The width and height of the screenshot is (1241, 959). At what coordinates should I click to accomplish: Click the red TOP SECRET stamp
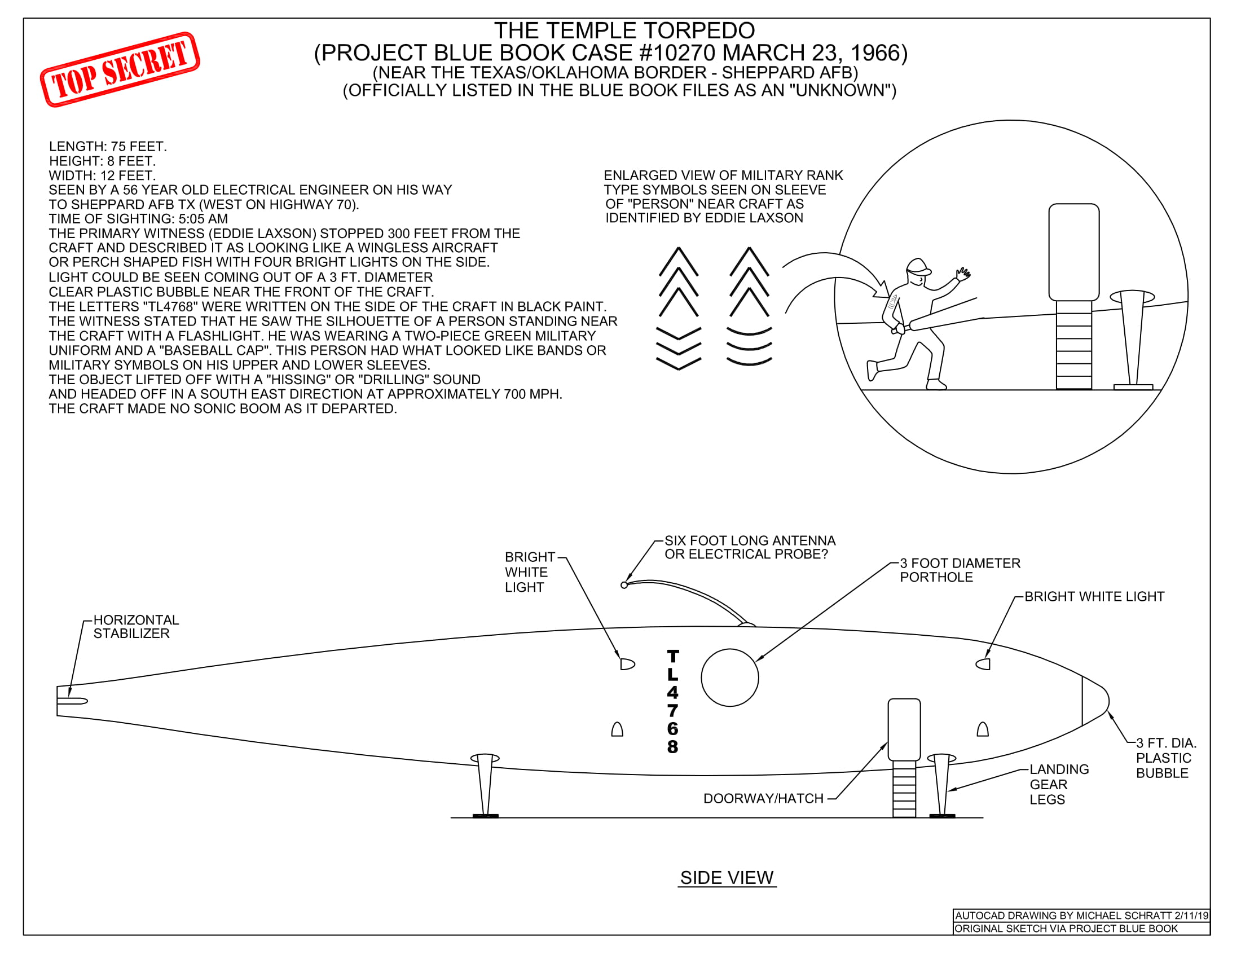tap(120, 69)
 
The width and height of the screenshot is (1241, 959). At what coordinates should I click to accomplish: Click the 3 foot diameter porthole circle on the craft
tap(729, 677)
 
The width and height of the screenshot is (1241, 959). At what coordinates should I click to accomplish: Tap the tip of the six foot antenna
tap(624, 584)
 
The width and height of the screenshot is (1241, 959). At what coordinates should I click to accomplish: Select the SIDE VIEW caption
tap(727, 878)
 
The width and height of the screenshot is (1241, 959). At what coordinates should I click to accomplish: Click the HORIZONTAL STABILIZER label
tap(136, 626)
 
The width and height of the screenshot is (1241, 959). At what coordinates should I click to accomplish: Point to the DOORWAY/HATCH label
tap(763, 798)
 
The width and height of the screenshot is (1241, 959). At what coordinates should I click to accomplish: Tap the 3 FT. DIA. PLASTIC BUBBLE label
tap(1165, 758)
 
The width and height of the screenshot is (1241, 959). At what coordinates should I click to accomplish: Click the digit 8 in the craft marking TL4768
tap(673, 746)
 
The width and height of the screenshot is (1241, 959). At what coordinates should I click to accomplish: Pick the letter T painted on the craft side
tap(673, 656)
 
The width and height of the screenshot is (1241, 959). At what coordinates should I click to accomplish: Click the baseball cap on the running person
tap(918, 267)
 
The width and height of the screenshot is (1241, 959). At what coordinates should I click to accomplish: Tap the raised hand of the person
tap(963, 275)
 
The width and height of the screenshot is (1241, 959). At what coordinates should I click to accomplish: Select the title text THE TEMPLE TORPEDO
tap(624, 30)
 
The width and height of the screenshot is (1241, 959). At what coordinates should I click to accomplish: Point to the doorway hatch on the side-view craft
tap(904, 729)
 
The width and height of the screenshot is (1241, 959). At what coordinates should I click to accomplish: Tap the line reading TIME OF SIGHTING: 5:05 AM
tap(138, 219)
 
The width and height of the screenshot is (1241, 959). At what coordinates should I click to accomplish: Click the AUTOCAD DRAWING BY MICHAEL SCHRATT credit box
tap(1081, 915)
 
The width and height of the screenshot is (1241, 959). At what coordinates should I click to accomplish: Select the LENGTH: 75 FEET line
tap(108, 147)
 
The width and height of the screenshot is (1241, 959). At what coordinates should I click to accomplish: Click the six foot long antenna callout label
tap(750, 547)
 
